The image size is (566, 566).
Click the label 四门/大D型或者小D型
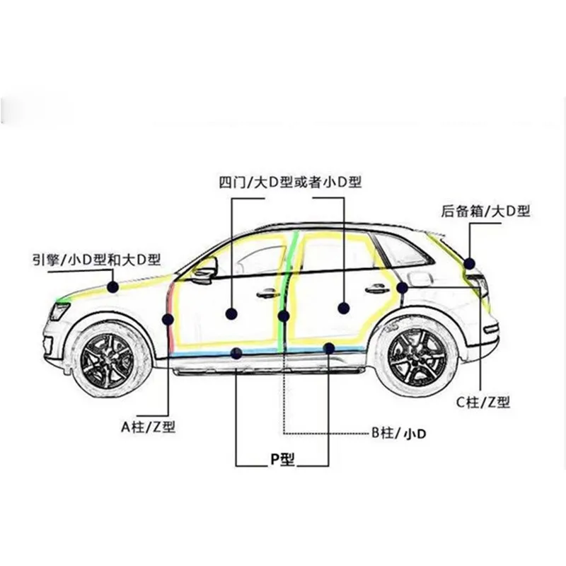[x=290, y=183]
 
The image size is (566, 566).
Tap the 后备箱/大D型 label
[x=485, y=210]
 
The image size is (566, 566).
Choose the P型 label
[x=282, y=459]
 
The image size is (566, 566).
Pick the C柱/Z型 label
[x=483, y=403]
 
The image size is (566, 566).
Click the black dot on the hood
[x=112, y=287]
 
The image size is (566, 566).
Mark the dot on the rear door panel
[x=344, y=308]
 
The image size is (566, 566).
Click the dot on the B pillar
[x=284, y=316]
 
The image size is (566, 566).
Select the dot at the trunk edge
[x=470, y=264]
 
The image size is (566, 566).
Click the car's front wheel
[x=111, y=357]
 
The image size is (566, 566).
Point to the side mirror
[x=204, y=270]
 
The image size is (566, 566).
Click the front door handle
[x=267, y=293]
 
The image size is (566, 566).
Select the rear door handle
[x=376, y=289]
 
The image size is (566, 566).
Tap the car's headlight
[x=59, y=311]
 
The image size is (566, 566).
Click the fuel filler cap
[x=420, y=279]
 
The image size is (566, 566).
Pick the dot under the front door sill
[x=236, y=353]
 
